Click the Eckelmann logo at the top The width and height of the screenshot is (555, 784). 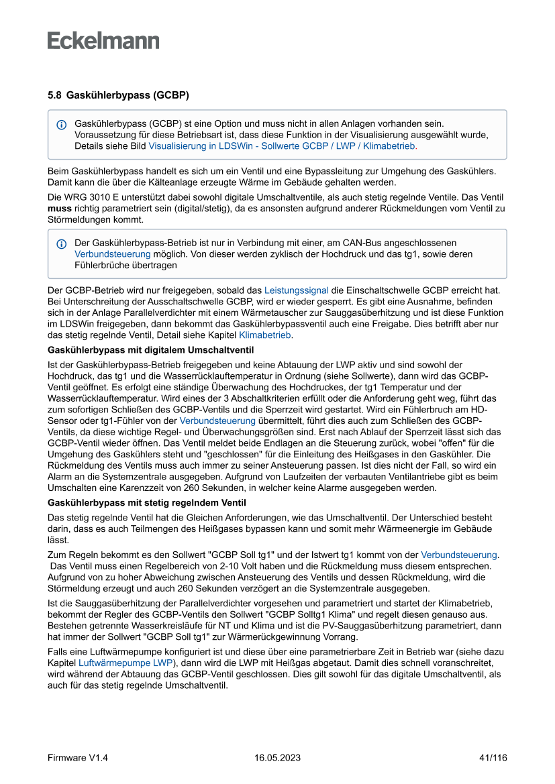coord(103,41)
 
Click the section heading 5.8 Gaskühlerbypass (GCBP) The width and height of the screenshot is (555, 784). coord(118,96)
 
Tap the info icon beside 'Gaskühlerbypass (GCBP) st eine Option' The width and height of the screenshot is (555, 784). coord(62,125)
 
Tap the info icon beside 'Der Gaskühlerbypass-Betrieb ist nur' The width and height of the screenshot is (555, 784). coord(62,243)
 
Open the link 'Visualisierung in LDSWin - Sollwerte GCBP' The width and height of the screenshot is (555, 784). coord(283,145)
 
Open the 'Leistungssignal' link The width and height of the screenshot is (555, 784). coord(296,290)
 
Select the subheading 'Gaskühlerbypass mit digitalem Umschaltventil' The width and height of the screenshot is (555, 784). coord(151,350)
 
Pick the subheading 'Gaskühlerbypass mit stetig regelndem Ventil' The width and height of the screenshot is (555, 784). coord(147,503)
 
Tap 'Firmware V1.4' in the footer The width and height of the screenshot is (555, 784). coord(78,758)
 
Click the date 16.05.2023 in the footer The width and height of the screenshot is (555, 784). coord(277,758)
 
